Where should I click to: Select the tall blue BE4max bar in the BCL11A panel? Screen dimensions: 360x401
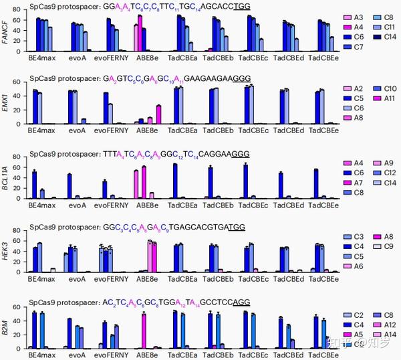point(34,185)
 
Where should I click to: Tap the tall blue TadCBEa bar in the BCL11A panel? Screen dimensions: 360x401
point(175,181)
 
